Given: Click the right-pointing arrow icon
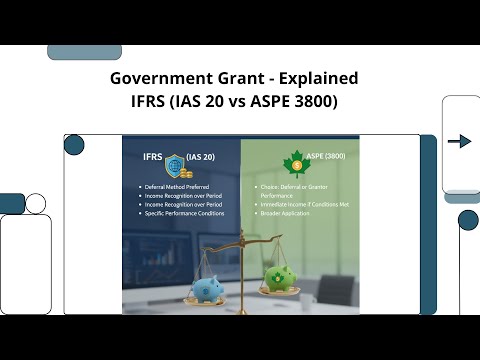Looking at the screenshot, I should (460, 142).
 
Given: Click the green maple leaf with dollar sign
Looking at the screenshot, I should (296, 163).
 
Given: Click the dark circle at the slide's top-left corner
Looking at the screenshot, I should (74, 145).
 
